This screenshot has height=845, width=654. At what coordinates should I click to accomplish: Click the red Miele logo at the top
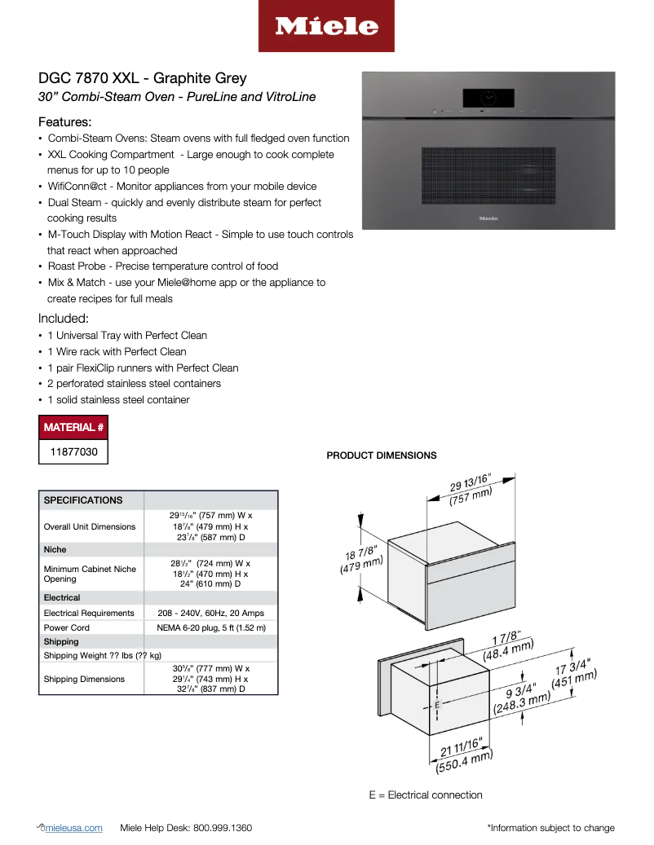click(x=326, y=27)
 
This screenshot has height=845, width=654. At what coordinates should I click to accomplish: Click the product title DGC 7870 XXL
click(x=142, y=78)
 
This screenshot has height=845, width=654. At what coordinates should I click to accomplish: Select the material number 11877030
click(x=73, y=451)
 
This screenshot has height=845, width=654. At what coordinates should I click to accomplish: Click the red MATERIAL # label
click(x=73, y=427)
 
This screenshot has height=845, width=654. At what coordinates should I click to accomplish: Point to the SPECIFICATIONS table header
click(x=83, y=500)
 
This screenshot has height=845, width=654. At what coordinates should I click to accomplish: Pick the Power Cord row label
click(x=67, y=627)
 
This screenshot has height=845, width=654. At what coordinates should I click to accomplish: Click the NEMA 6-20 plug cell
click(x=210, y=627)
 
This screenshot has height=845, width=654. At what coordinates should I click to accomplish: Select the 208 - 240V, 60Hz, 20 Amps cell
click(x=210, y=613)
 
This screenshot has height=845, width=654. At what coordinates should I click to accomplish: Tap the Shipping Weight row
click(x=102, y=655)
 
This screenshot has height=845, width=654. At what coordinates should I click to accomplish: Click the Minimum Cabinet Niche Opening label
click(x=90, y=574)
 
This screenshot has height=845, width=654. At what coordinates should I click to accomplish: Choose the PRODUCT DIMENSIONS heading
click(x=381, y=456)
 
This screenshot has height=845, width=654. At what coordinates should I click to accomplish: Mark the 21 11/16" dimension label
click(x=462, y=755)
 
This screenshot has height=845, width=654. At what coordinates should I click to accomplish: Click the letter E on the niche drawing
click(x=437, y=703)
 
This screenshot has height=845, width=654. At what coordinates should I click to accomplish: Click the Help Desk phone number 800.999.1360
click(x=222, y=828)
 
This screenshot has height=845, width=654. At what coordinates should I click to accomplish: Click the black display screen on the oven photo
click(x=488, y=98)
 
